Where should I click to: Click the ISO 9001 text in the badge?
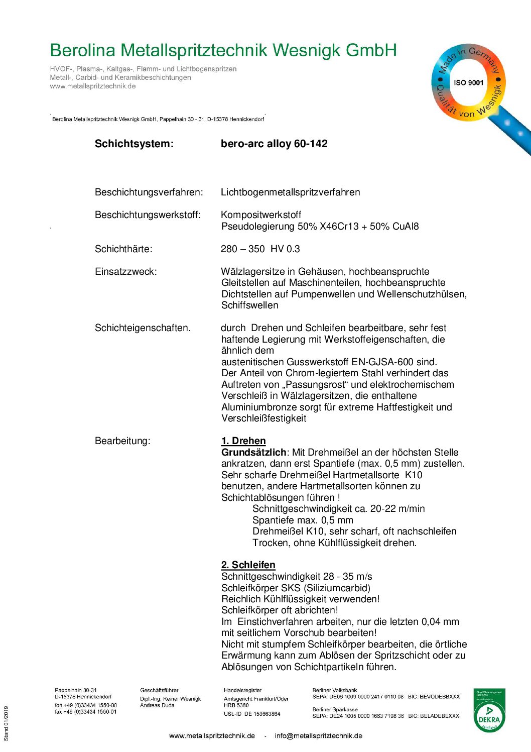(468, 82)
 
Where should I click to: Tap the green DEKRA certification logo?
(489, 710)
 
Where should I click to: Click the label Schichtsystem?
(134, 144)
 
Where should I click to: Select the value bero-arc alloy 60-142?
(274, 144)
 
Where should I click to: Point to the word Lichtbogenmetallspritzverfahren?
(290, 192)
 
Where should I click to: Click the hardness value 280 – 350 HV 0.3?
(260, 249)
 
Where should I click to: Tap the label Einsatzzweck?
(125, 272)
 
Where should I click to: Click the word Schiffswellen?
(249, 305)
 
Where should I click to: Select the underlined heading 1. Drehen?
(243, 441)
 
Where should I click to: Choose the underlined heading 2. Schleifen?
(248, 565)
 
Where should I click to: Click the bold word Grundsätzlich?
(253, 453)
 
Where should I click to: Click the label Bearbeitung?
(122, 441)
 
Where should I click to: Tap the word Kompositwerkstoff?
(261, 215)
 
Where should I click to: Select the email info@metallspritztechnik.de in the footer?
(318, 736)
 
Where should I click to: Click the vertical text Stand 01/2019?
(7, 723)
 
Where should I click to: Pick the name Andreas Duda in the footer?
(157, 705)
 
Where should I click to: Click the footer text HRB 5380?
(236, 705)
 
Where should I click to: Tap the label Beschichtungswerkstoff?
(148, 215)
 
